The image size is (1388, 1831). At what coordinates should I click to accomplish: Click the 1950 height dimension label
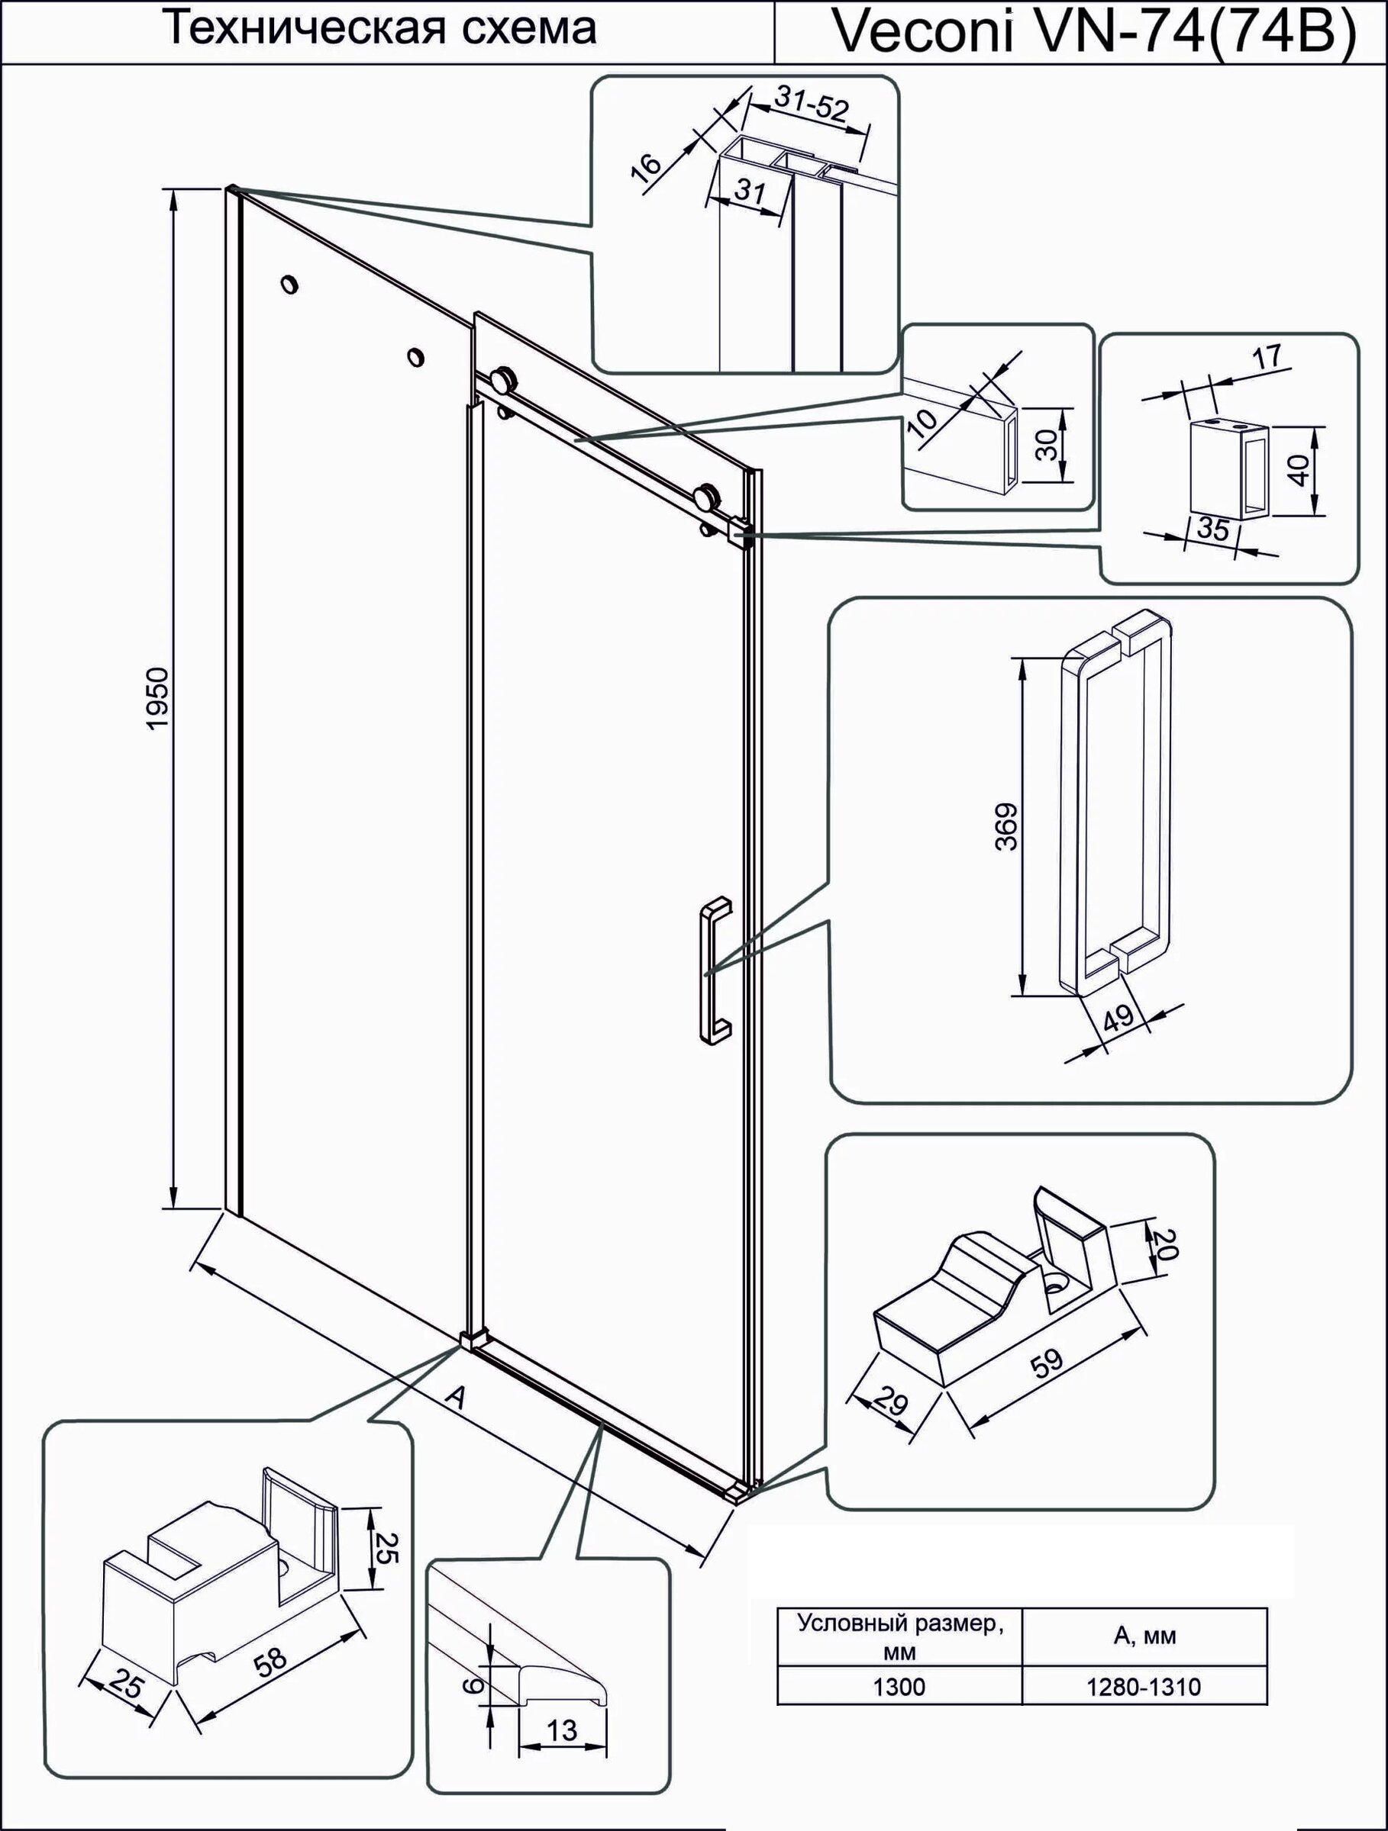point(157,698)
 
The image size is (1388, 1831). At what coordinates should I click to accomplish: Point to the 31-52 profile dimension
point(812,106)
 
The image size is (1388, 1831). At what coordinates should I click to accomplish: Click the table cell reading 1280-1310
point(1144,1686)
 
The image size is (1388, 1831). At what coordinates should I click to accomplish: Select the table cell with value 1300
point(899,1686)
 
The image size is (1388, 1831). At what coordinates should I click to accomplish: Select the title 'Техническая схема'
point(383,29)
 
